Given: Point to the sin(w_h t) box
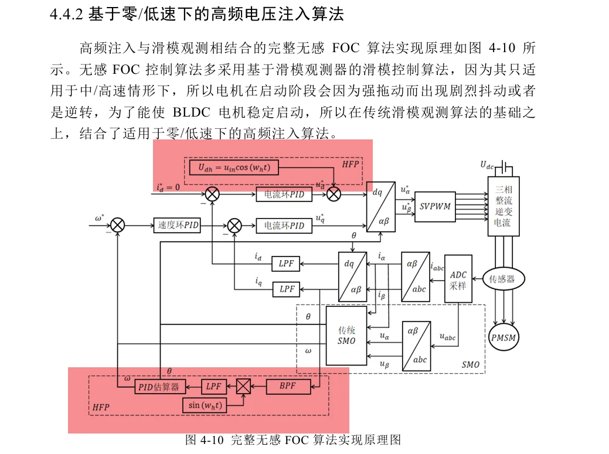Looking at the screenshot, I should (204, 405).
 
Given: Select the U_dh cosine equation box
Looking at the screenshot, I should (234, 168).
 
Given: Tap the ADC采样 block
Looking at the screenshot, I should (458, 279).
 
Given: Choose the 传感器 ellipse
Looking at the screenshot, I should (502, 279).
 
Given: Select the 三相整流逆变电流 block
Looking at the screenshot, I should (503, 206).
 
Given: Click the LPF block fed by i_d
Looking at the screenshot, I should (286, 264).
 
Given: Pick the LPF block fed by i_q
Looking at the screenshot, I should (286, 289).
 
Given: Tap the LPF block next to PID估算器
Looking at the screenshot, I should (214, 387).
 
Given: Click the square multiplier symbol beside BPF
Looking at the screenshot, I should (243, 386).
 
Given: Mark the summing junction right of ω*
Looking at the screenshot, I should (118, 225).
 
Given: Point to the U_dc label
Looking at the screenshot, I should (487, 165).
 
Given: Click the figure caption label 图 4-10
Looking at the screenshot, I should (205, 440).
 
